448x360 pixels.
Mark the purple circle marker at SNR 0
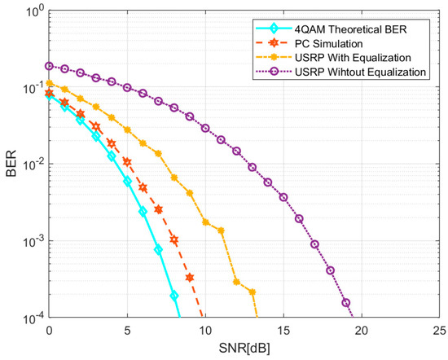pyautogui.click(x=50, y=66)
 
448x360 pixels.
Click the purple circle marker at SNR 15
pyautogui.click(x=283, y=197)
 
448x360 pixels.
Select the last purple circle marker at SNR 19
pyautogui.click(x=346, y=303)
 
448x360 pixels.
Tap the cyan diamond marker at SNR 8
pyautogui.click(x=174, y=296)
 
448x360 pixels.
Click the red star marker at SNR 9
pyautogui.click(x=190, y=278)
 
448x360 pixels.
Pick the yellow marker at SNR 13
pyautogui.click(x=252, y=292)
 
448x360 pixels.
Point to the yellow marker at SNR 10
pyautogui.click(x=205, y=222)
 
